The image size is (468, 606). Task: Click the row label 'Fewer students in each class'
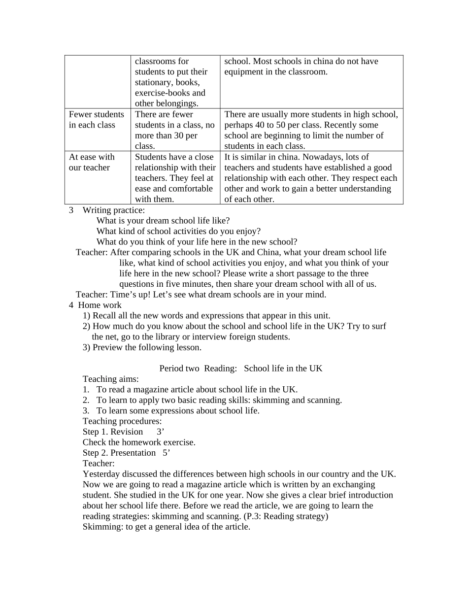coord(97,120)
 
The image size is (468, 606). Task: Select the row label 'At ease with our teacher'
coord(92,162)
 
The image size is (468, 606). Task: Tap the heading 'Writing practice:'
coord(114,210)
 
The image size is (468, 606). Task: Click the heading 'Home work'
coord(100,305)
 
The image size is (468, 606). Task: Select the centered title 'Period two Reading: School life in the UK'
coord(240,369)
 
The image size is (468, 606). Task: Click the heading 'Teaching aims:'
coord(110,379)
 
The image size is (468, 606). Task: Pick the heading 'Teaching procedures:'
coord(122,421)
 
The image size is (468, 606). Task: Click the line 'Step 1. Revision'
coord(113,432)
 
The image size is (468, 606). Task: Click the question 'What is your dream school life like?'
coord(163,221)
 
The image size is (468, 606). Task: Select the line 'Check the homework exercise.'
coord(139,442)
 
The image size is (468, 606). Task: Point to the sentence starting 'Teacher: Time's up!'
coord(201,295)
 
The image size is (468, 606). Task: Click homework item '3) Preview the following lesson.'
coord(142,347)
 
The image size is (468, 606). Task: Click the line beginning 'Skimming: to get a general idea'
coord(166,527)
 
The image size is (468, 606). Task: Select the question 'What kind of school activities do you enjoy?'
coord(178,231)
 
